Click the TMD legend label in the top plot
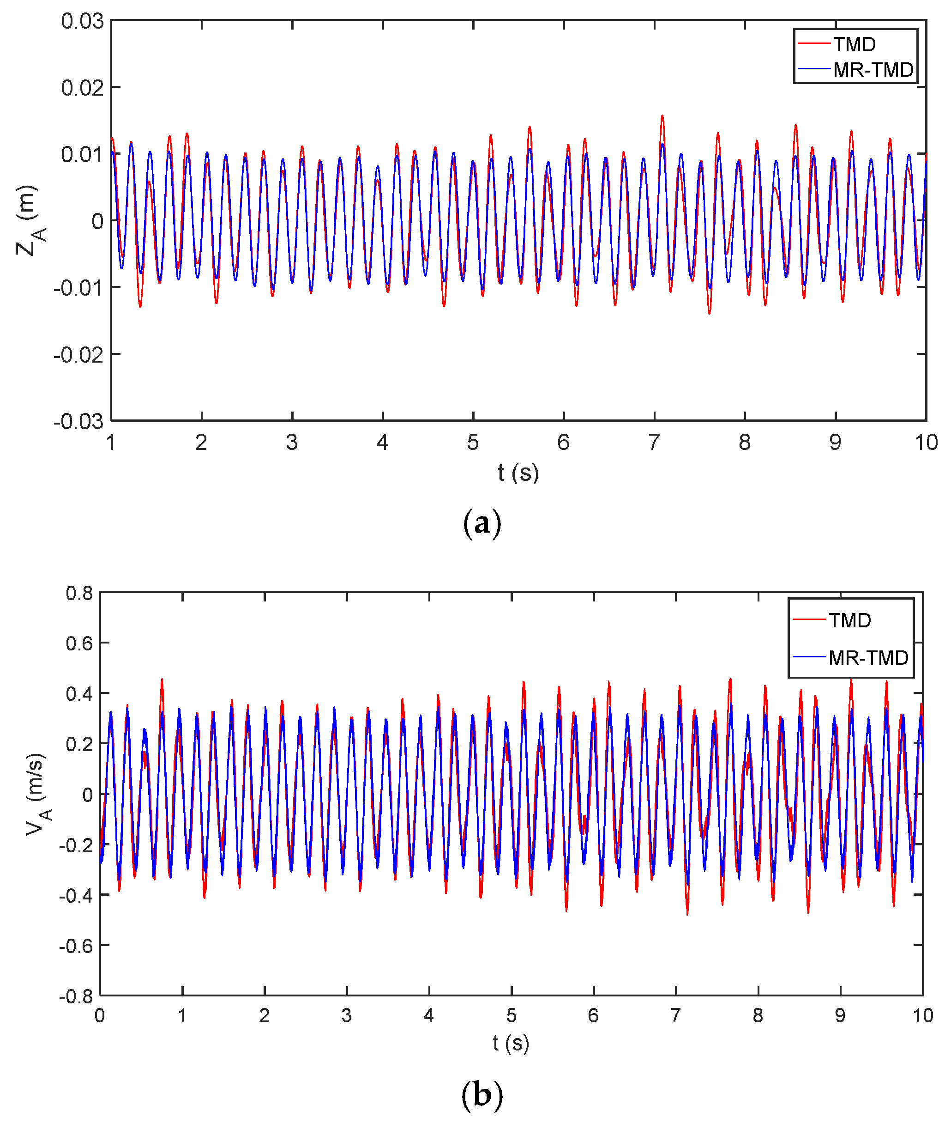coord(855,44)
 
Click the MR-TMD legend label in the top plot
coord(873,70)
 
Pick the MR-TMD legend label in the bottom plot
coord(868,657)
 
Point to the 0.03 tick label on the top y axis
coord(82,21)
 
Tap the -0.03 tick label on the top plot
coord(78,421)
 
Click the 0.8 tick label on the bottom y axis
coord(79,593)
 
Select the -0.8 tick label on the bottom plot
coord(76,996)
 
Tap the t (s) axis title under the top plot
coord(518,473)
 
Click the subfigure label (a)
coord(482,524)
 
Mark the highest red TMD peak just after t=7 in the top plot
coord(662,116)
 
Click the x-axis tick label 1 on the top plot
coord(111,443)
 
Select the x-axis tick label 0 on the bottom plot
coord(100,1016)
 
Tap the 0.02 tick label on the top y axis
coord(82,87)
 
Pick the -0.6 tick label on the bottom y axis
coord(76,946)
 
